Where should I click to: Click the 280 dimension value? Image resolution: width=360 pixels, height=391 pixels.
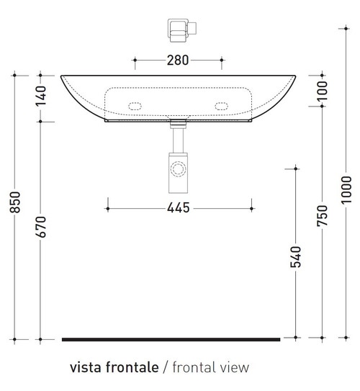pyautogui.click(x=178, y=60)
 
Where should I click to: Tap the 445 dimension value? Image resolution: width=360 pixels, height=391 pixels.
pyautogui.click(x=178, y=208)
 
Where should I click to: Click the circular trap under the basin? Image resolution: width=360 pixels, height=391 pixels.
pyautogui.click(x=178, y=170)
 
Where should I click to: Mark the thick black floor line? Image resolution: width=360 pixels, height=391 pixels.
pyautogui.click(x=171, y=338)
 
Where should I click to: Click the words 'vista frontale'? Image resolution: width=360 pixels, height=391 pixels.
pyautogui.click(x=114, y=368)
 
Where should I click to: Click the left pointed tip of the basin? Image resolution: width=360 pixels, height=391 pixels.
pyautogui.click(x=62, y=76)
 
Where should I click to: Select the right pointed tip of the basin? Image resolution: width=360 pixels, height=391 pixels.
pyautogui.click(x=294, y=76)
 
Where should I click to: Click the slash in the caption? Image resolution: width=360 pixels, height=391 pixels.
pyautogui.click(x=166, y=368)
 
